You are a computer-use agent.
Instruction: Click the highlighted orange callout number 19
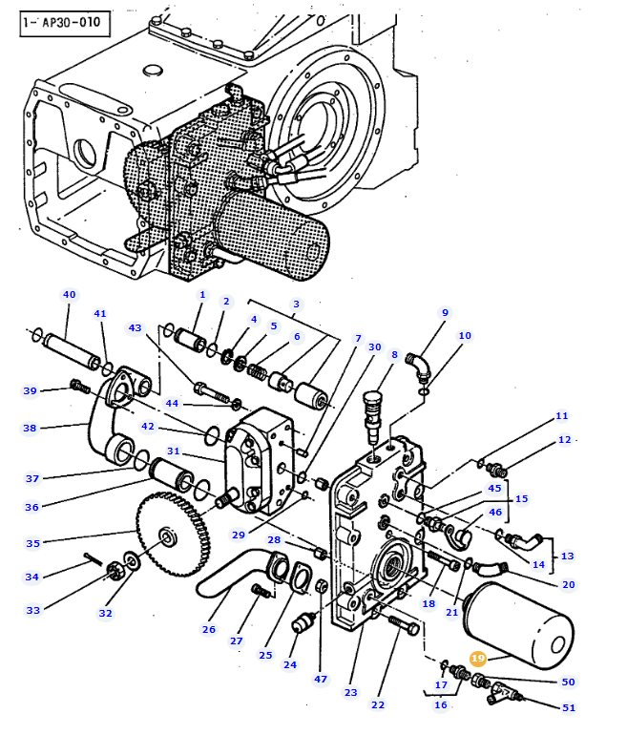point(477,658)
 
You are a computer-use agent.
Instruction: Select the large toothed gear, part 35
point(173,535)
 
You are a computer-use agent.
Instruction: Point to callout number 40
point(70,295)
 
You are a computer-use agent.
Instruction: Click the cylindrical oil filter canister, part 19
point(518,625)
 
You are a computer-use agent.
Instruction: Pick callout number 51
point(569,707)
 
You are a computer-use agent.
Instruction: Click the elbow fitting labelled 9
point(418,367)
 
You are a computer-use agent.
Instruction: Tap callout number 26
point(209,629)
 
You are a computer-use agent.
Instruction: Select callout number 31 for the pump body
point(174,451)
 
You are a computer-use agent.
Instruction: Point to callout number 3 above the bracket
point(297,304)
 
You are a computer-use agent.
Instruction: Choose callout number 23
point(351,692)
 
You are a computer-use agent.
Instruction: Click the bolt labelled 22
point(404,625)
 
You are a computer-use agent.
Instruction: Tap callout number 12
point(564,440)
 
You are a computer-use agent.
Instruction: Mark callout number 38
point(30,429)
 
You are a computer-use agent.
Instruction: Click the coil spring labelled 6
point(256,370)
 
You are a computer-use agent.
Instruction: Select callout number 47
point(321,679)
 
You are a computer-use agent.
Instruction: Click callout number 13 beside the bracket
point(567,556)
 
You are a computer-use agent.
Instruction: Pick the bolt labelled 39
point(80,386)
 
